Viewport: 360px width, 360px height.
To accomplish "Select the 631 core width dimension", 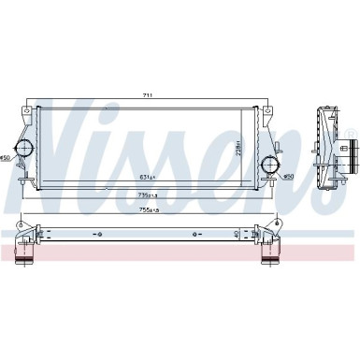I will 148,175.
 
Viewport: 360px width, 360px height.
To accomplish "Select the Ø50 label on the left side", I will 7,157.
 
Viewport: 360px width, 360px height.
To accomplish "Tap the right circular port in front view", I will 269,165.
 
